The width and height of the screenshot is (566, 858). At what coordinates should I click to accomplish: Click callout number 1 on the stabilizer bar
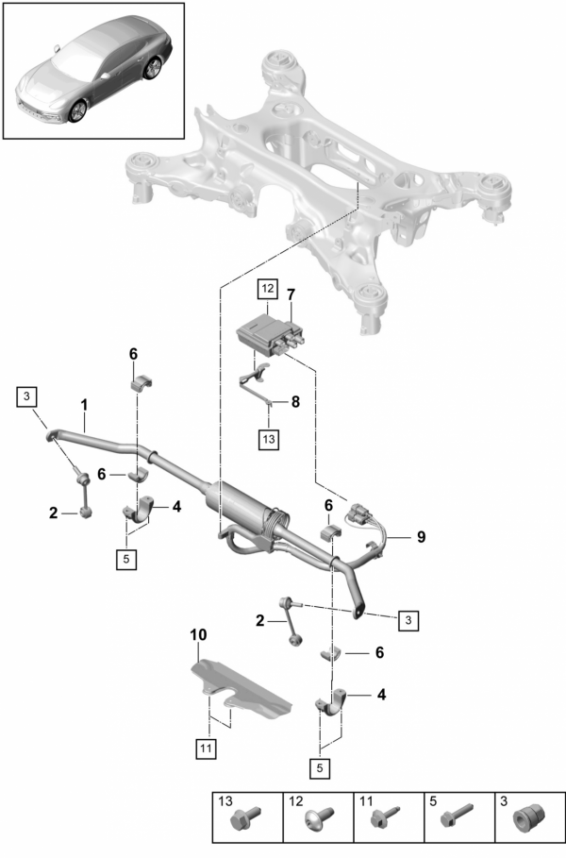coord(84,405)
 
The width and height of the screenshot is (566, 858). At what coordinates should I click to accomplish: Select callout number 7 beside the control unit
coord(291,294)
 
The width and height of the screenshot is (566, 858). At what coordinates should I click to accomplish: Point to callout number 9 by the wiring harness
coord(421,536)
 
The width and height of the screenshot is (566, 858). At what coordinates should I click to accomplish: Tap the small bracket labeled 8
coord(252,382)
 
